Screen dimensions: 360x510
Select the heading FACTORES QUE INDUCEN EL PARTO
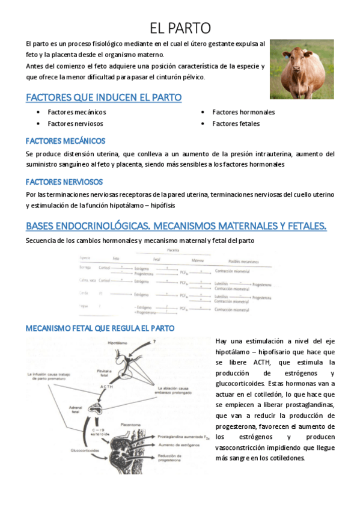click(x=103, y=97)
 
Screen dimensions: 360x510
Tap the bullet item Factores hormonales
click(x=243, y=112)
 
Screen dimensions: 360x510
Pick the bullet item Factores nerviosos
click(x=75, y=123)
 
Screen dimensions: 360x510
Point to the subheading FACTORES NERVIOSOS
click(x=64, y=182)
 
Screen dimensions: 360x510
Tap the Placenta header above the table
click(x=172, y=250)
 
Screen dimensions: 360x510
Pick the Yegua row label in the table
click(x=84, y=306)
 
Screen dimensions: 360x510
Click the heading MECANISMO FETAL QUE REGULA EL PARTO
click(x=100, y=328)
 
